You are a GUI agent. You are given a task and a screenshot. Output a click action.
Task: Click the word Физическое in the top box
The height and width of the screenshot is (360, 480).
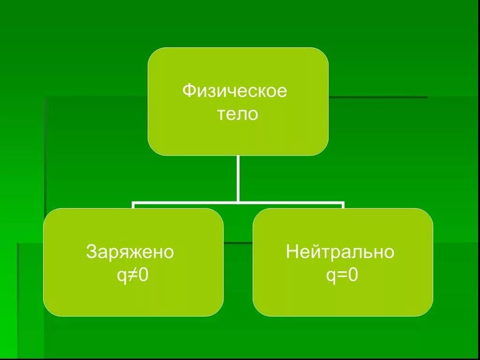(x=234, y=90)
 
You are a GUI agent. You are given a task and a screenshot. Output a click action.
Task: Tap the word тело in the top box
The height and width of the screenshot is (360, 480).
(x=237, y=114)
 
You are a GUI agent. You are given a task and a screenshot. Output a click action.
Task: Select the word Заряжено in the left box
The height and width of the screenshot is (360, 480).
(x=130, y=253)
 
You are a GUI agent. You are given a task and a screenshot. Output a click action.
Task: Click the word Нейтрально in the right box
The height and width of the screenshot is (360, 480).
(x=340, y=253)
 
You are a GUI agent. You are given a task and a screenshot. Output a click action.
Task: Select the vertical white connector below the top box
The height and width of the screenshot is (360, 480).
(x=238, y=178)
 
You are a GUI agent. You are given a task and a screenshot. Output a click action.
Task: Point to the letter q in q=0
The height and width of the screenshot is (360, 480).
(x=330, y=277)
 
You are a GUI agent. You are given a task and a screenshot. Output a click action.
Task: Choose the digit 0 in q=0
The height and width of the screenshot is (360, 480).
(x=353, y=276)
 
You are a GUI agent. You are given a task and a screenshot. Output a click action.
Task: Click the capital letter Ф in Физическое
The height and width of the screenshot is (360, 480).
(x=188, y=90)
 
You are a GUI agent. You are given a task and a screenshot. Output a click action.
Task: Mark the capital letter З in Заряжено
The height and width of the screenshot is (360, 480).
(x=91, y=253)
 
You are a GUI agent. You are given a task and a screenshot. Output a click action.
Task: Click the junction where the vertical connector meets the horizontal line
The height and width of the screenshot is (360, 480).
(x=238, y=203)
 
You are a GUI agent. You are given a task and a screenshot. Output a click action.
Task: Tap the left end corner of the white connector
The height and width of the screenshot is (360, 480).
(x=134, y=204)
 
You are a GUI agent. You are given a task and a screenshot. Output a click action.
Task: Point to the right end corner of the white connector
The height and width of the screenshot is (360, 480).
(x=343, y=204)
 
